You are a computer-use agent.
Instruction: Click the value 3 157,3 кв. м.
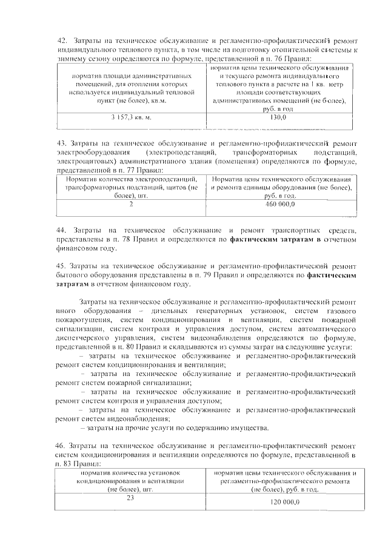(x=131, y=116)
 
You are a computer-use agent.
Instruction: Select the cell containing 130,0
(x=278, y=116)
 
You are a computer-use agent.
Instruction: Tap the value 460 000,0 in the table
(x=279, y=205)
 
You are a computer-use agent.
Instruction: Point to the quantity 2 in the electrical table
(x=131, y=205)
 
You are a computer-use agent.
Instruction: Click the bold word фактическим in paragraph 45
(x=332, y=274)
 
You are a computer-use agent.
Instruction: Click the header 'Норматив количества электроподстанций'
(x=132, y=180)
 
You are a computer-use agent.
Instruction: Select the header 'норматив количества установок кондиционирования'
(x=130, y=472)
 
